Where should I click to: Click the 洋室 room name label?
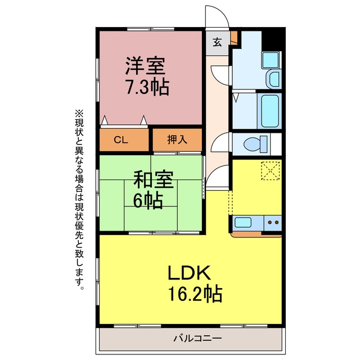tap(145, 66)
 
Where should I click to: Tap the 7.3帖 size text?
tap(147, 87)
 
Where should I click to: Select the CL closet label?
tap(121, 140)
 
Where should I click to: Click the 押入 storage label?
tap(177, 139)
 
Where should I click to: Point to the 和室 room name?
tap(154, 179)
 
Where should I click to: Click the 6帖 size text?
tap(148, 200)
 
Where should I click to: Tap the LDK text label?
tap(190, 273)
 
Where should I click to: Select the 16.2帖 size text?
tap(195, 294)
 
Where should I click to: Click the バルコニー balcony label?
tap(197, 338)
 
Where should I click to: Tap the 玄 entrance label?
tap(217, 42)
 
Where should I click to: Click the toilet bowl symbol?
tap(255, 145)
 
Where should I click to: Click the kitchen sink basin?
tap(243, 222)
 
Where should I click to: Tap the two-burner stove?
tap(273, 223)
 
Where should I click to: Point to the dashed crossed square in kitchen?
tap(271, 170)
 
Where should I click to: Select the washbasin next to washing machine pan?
tap(274, 79)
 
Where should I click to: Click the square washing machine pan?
tap(271, 60)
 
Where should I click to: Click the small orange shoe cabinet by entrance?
tap(234, 38)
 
